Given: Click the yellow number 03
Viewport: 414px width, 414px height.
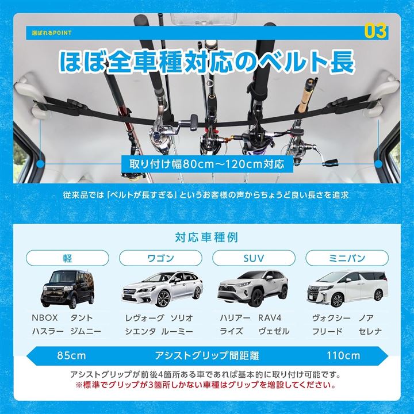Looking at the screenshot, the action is click(375, 31).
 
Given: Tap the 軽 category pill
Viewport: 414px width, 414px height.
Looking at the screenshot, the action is click(67, 258).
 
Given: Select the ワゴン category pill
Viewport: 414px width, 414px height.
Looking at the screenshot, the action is click(160, 258).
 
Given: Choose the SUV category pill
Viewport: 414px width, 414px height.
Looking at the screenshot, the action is click(254, 258).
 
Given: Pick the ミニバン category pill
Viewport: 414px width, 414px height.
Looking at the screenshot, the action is click(347, 258).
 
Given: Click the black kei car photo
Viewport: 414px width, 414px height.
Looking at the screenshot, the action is click(67, 289).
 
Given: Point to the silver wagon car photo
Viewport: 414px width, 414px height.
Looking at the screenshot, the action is click(162, 289).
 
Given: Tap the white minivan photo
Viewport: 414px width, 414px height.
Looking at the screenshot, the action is click(347, 289).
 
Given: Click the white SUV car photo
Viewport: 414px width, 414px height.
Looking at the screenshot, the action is click(252, 289).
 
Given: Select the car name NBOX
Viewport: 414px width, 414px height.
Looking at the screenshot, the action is click(45, 317).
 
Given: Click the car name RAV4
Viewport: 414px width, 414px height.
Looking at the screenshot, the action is click(270, 317).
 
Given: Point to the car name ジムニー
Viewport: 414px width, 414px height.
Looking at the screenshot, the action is click(86, 331).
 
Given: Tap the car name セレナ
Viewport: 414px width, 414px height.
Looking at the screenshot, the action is click(370, 331).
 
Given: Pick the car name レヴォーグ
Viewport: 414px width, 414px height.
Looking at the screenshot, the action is click(145, 317).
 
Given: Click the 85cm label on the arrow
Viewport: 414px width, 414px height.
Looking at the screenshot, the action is click(71, 355).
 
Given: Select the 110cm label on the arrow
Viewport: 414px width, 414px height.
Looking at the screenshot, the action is click(343, 355).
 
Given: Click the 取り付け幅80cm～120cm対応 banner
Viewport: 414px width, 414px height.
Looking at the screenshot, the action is click(207, 164).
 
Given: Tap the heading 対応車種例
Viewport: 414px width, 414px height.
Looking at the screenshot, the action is click(207, 237).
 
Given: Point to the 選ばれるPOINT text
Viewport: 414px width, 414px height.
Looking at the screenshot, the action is click(52, 33).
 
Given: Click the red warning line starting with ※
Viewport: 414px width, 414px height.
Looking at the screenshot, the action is click(206, 385).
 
